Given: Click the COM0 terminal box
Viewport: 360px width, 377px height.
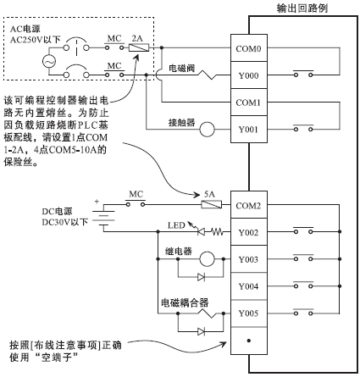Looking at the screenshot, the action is point(249,48).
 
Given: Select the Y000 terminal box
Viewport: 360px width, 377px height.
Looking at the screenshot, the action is point(249,75).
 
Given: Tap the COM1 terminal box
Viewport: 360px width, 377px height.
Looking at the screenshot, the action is point(249,102).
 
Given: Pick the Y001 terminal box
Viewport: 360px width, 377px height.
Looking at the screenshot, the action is point(249,129).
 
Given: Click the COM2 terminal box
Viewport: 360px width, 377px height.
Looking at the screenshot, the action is point(249,205).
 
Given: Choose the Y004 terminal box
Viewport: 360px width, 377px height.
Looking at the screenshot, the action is point(249,286).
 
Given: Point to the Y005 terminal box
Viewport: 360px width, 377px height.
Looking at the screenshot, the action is point(249,313).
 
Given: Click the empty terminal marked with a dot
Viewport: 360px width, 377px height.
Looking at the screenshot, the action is point(249,341).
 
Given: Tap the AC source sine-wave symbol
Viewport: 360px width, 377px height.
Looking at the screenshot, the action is point(49,61).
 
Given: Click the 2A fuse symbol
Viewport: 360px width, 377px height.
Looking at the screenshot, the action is point(139,47).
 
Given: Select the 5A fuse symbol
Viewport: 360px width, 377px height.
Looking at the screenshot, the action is point(211,204).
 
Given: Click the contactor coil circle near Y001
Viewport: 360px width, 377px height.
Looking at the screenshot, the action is point(208,130).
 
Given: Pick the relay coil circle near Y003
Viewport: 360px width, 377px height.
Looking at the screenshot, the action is point(208,258).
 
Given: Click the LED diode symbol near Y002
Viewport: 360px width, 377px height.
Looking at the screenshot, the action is point(201,232).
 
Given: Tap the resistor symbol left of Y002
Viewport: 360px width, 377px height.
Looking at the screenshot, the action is point(218,232).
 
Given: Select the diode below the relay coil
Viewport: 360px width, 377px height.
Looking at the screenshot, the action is point(201,277).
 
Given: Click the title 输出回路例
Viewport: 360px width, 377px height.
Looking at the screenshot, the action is point(302,8).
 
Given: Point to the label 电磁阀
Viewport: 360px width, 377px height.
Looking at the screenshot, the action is point(182,68).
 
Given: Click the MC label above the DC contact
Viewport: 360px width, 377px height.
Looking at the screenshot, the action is point(136,194).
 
